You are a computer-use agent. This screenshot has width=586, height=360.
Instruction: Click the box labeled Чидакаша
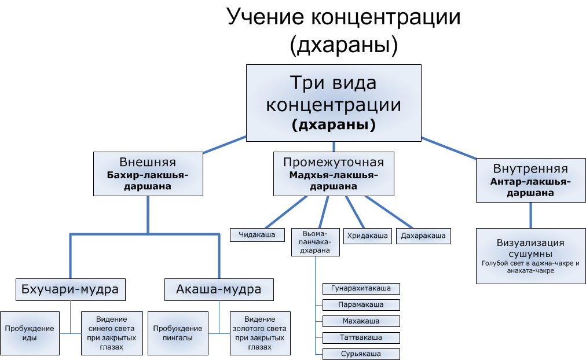point(258,234)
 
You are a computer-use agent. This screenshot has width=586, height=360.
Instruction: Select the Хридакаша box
point(367,236)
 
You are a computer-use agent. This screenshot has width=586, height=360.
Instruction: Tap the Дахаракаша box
point(423,236)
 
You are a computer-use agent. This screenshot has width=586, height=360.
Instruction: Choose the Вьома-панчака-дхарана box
point(315,242)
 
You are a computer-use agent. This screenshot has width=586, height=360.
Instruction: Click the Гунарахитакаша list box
point(361,288)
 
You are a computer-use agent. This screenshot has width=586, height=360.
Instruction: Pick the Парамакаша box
point(361,304)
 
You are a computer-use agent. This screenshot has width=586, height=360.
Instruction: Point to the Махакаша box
point(361,321)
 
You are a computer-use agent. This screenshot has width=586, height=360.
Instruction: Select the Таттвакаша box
point(361,337)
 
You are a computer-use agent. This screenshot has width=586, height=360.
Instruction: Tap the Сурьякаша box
point(361,354)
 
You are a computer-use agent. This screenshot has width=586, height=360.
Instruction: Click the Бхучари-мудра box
point(70,289)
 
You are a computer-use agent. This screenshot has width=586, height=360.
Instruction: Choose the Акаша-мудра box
point(218,289)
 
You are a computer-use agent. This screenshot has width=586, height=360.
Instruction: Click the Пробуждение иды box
point(30,333)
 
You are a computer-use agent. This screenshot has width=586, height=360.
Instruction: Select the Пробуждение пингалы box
point(177,333)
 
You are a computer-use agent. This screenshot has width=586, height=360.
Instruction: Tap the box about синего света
point(112,333)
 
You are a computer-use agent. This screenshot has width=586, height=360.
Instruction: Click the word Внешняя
point(148,162)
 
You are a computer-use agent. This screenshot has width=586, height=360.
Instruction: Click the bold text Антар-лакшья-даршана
point(530,188)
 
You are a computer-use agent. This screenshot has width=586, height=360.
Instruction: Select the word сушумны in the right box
point(530,254)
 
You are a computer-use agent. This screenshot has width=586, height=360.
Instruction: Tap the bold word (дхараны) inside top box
point(333,124)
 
